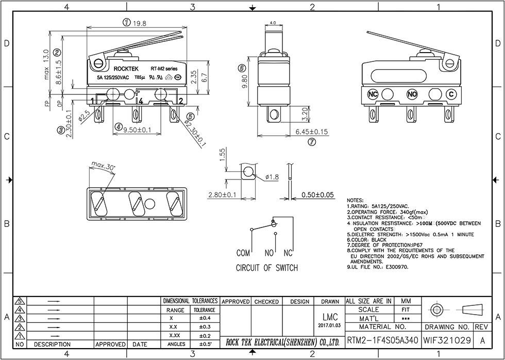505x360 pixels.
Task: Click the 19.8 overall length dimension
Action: coord(140,23)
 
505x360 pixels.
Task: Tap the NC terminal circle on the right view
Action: coord(373,94)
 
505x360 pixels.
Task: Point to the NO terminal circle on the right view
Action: coord(412,94)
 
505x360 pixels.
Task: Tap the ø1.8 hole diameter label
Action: coord(272,177)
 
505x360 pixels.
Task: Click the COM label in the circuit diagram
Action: coord(243,253)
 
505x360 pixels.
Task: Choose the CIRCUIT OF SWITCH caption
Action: coord(266,268)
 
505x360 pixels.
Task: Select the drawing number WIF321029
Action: coord(446,341)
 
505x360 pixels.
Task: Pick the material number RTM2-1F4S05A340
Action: coord(382,341)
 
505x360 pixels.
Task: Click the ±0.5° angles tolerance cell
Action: coord(204,344)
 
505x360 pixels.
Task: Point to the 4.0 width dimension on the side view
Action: coord(273,23)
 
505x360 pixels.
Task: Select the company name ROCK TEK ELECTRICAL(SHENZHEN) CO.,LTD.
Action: coord(282,342)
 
